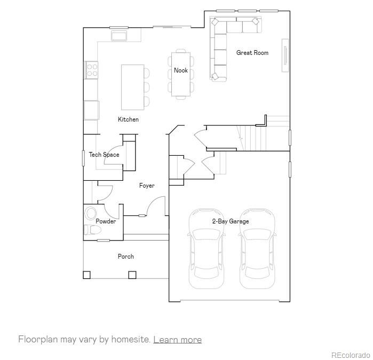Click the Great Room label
[x=252, y=53]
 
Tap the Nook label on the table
[x=180, y=70]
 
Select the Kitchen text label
[x=128, y=119]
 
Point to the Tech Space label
[x=104, y=155]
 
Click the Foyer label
[x=147, y=186]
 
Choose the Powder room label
[x=106, y=221]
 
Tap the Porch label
[x=126, y=257]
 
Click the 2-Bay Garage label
[x=231, y=221]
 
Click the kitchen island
[x=133, y=87]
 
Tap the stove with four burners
[x=92, y=70]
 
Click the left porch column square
[x=86, y=275]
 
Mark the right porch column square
[x=132, y=275]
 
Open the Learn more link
[x=177, y=340]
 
